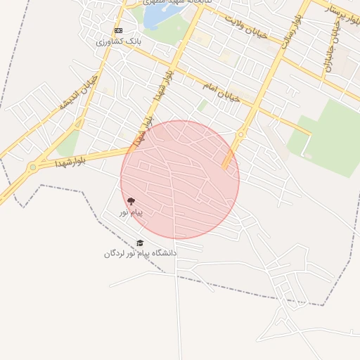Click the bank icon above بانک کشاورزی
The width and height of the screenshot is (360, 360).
[118, 31]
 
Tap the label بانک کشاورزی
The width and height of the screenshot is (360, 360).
[119, 41]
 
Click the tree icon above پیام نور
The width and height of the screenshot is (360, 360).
[131, 201]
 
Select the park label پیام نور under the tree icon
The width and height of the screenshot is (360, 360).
[131, 212]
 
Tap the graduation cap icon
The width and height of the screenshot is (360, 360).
[140, 243]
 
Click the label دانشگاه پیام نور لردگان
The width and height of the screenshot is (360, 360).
[141, 253]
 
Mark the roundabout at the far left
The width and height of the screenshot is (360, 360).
[33, 168]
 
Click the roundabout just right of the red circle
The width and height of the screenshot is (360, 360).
[241, 134]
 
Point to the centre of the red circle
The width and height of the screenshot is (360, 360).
[180, 180]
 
